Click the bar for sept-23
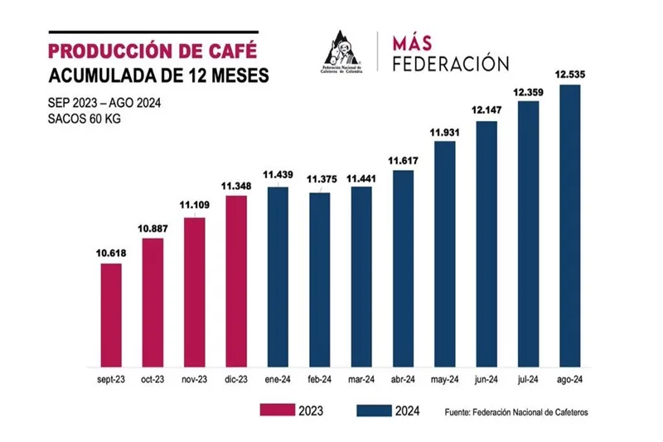tap(111, 315)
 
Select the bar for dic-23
tap(236, 281)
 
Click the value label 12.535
tap(570, 75)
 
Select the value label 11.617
tap(403, 160)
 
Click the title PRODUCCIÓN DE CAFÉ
tap(148, 49)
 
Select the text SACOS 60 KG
tap(85, 119)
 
